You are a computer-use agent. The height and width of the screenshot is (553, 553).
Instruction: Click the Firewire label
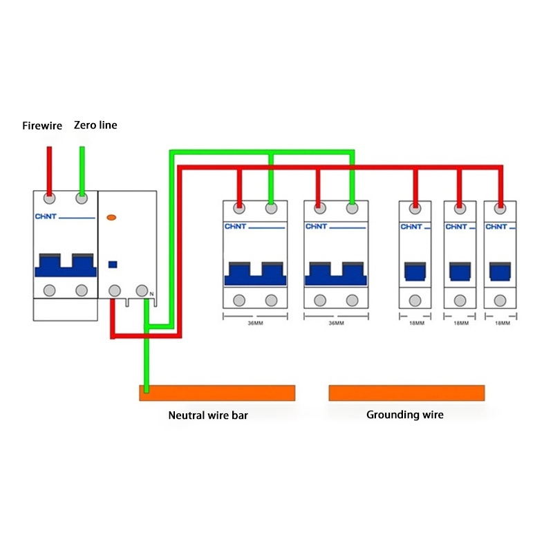pos(42,126)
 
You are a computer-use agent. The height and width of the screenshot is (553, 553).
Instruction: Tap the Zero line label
pos(95,125)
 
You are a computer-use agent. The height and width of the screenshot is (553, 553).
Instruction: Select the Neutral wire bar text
pos(208,415)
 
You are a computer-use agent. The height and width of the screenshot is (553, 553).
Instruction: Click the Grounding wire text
pos(405,415)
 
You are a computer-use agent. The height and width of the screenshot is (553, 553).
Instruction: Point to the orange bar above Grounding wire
pos(406,393)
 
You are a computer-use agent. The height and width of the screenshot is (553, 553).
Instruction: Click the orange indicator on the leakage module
pos(111,218)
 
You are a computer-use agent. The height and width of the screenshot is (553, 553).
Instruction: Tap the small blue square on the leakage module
pos(112,263)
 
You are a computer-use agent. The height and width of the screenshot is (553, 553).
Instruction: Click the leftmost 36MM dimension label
pos(255,323)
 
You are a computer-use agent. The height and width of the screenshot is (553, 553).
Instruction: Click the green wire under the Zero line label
pos(82,169)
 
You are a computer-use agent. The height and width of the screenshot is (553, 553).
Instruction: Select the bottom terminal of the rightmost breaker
pos(500,300)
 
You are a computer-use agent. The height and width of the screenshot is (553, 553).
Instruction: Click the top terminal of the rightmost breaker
pos(500,207)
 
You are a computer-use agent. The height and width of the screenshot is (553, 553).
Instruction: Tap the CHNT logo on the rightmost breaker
pos(496,227)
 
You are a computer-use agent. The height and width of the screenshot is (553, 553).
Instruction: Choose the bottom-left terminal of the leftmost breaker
pos(49,290)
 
